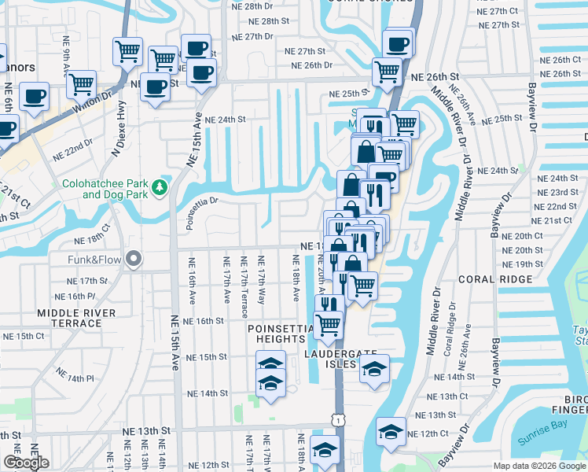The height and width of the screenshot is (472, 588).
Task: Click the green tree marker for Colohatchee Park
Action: pos(160,186)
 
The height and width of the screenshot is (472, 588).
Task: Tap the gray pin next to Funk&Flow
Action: pos(134,258)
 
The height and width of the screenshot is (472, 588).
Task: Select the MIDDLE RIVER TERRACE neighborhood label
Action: pos(75,318)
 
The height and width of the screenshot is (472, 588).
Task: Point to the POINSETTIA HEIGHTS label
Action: pos(276,333)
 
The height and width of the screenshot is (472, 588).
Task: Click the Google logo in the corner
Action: pos(26,463)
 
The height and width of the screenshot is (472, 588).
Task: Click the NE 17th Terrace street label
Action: pos(244,282)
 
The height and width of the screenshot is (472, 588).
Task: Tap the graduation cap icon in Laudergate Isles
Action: pos(374,367)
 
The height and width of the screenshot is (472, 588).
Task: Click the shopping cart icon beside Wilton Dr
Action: pos(81,84)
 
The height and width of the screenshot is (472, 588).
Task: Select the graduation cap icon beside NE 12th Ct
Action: pos(390,431)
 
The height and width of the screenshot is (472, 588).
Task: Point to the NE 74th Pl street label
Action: pos(78,378)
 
